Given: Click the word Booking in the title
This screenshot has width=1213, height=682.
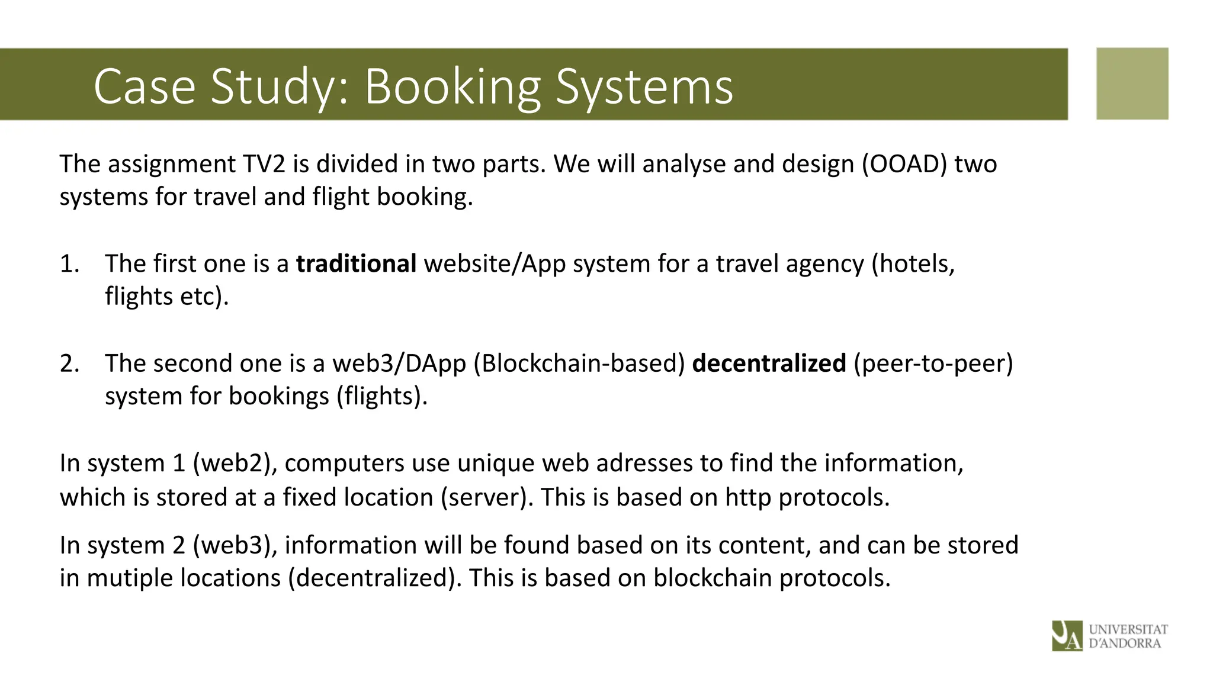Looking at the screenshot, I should pos(453,87).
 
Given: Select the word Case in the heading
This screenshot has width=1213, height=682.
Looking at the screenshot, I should pos(144,87).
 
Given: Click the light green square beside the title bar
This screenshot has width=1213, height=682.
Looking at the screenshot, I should pos(1132,83).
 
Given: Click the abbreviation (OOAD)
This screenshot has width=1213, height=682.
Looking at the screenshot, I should pos(904,164).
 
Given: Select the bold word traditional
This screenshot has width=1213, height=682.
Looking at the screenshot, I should pos(356,263).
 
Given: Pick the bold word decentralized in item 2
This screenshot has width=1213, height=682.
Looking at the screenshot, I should pos(769,363).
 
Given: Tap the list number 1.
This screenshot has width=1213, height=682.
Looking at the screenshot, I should pos(69,263).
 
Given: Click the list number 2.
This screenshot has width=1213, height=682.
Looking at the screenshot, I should pos(69,363).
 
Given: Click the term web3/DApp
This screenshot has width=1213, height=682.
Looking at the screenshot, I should pos(399,363).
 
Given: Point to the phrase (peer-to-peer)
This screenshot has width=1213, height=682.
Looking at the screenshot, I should pos(933,363).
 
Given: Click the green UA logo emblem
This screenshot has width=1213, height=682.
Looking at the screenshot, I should pos(1067,636).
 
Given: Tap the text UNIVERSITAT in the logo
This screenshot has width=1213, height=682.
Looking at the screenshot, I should pos(1128,629).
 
